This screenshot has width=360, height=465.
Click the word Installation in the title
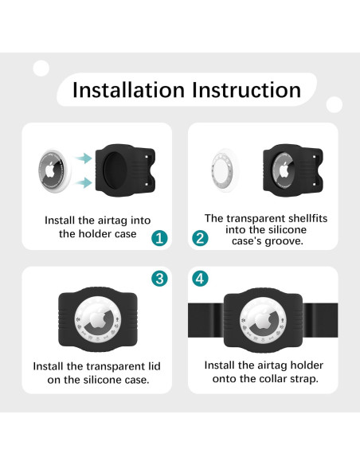click(x=129, y=89)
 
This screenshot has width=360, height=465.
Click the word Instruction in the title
click(x=247, y=89)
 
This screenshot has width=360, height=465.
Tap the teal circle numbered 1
click(x=159, y=238)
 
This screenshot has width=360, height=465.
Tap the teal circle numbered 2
click(x=200, y=238)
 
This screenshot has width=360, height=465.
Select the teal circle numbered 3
click(x=159, y=279)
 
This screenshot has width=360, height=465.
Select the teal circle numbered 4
click(x=200, y=279)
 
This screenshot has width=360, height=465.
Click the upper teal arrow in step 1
click(x=84, y=158)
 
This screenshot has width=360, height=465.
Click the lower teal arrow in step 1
click(x=84, y=182)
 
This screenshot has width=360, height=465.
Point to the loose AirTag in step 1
click(x=55, y=171)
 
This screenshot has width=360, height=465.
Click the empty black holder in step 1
click(x=125, y=170)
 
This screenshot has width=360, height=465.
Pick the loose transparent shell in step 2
click(x=225, y=170)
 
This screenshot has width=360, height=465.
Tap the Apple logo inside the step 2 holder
click(x=284, y=170)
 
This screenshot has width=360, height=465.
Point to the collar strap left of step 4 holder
click(x=205, y=320)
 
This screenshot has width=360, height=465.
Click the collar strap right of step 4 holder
click(x=320, y=320)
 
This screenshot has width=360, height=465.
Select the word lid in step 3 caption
click(x=155, y=366)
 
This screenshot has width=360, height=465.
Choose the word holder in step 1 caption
click(x=96, y=233)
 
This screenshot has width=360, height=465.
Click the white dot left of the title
click(x=41, y=68)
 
